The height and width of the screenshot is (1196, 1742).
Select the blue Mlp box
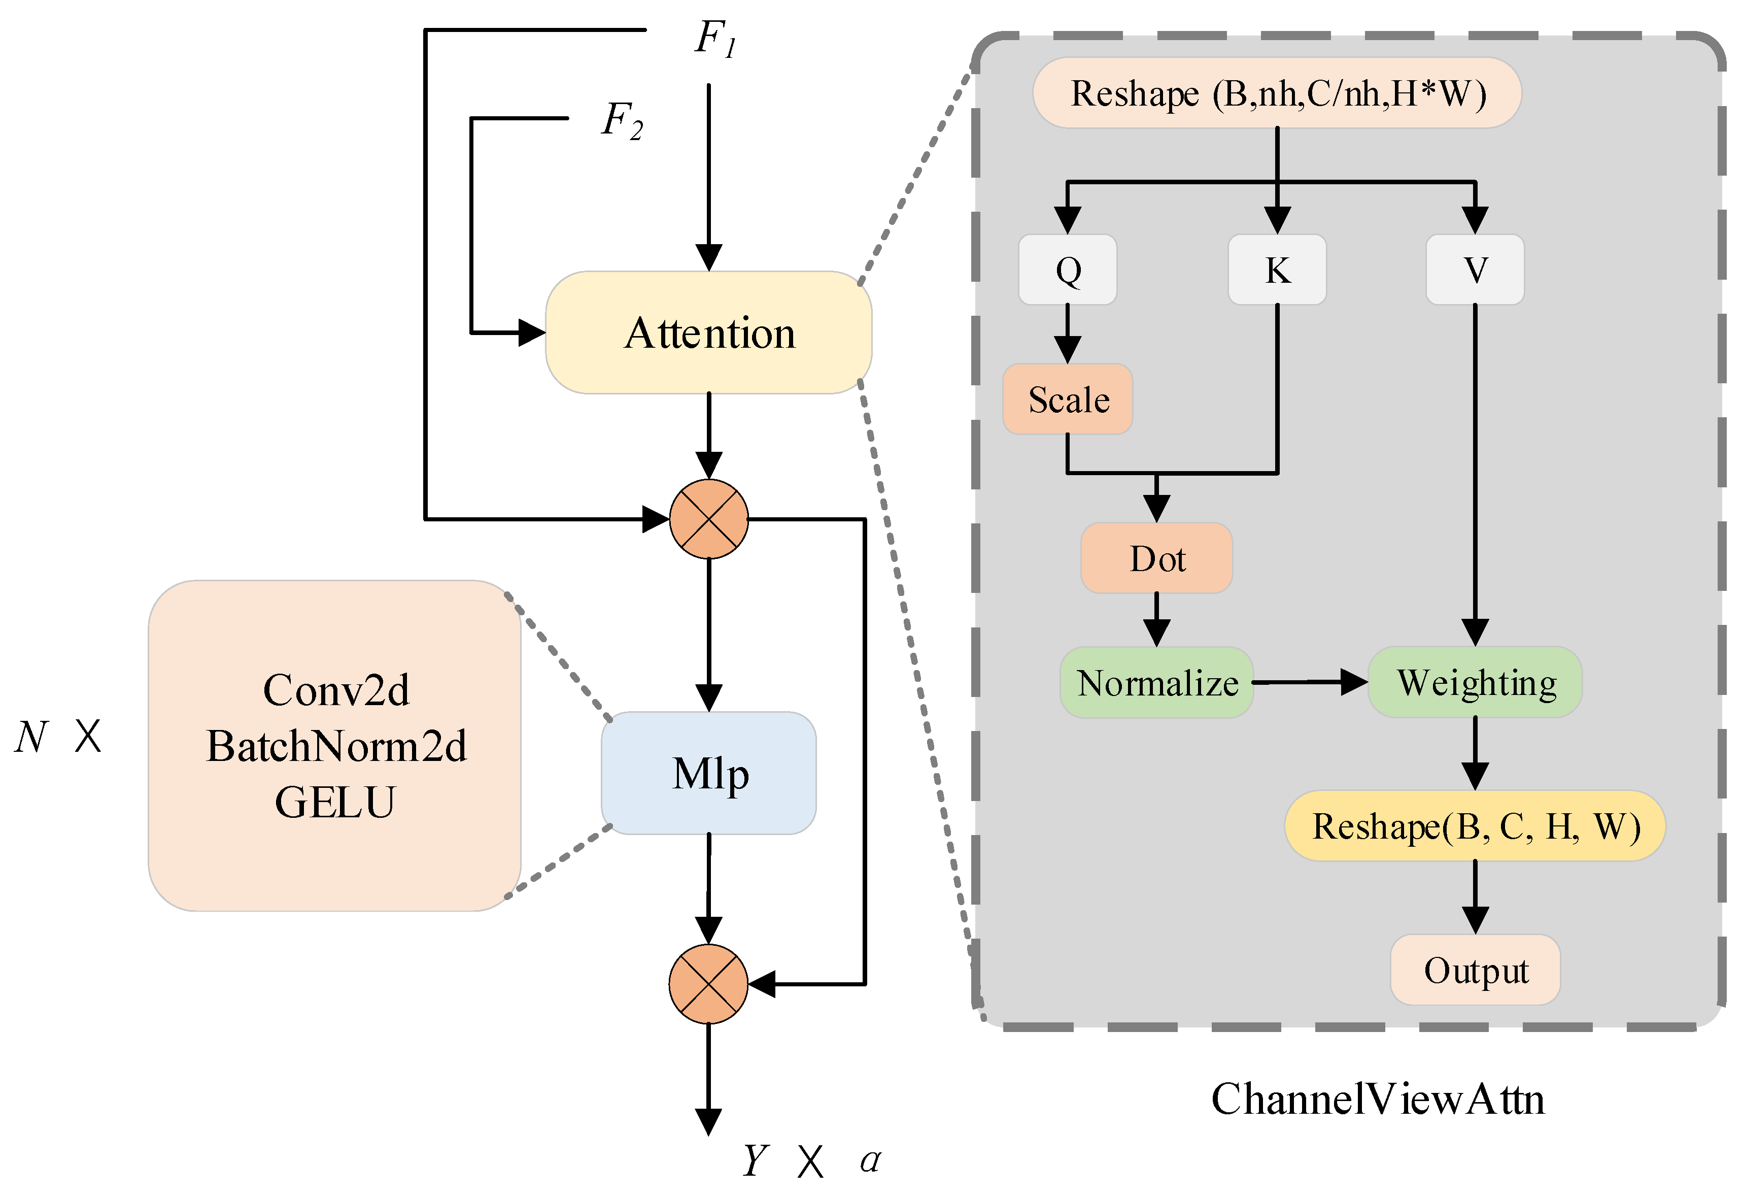pyautogui.click(x=708, y=773)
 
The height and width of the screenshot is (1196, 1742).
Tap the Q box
pyautogui.click(x=1068, y=270)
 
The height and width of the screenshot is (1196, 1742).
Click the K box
pyautogui.click(x=1277, y=270)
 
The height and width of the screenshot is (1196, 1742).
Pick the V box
pyautogui.click(x=1475, y=270)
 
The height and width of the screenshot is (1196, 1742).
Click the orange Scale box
pyautogui.click(x=1068, y=399)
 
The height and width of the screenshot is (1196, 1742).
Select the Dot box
pyautogui.click(x=1156, y=558)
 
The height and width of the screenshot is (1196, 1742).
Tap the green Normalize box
pyautogui.click(x=1156, y=682)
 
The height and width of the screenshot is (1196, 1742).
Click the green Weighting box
pyautogui.click(x=1475, y=682)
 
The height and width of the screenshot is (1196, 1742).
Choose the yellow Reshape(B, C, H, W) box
pyautogui.click(x=1475, y=825)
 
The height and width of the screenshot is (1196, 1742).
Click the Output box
pyautogui.click(x=1475, y=970)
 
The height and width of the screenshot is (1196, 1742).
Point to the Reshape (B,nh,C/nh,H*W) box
pyautogui.click(x=1277, y=93)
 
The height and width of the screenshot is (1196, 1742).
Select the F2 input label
pyautogui.click(x=622, y=120)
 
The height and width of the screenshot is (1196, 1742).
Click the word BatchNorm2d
pyautogui.click(x=336, y=746)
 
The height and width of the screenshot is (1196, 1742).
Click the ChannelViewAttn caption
pyautogui.click(x=1378, y=1099)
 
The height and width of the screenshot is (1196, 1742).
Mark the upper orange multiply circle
pyautogui.click(x=708, y=519)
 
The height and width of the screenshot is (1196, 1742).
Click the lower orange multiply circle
pyautogui.click(x=708, y=984)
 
